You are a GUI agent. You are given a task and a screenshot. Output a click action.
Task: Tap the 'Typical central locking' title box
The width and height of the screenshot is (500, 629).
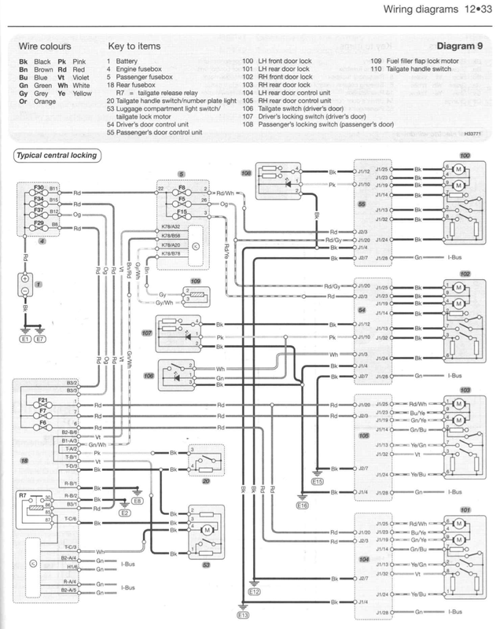point(57,156)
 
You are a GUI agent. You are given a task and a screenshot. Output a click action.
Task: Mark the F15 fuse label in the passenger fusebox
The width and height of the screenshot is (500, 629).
point(181,212)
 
